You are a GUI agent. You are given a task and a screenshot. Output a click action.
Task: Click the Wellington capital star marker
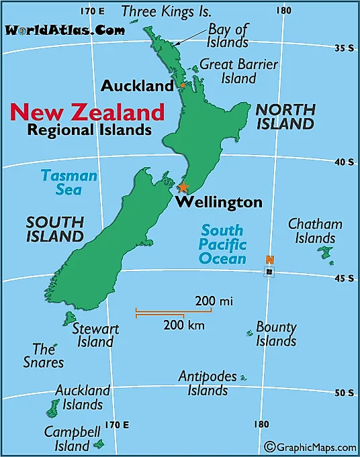183,187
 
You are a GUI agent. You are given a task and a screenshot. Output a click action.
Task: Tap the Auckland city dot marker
183,85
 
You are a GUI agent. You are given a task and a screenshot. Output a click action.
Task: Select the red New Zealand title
87,111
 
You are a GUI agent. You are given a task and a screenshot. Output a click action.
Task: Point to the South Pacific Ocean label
223,244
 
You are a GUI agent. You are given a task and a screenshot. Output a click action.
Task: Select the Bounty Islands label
276,334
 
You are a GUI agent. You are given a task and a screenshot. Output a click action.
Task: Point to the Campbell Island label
72,438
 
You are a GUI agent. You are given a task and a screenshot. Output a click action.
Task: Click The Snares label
48,356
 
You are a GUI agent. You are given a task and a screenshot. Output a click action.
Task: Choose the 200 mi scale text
214,301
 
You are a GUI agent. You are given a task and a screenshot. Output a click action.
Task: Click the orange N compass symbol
269,260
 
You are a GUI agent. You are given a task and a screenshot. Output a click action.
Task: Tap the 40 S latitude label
345,162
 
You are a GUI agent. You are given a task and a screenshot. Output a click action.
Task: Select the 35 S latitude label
345,48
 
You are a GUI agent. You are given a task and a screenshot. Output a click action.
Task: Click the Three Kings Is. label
166,11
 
